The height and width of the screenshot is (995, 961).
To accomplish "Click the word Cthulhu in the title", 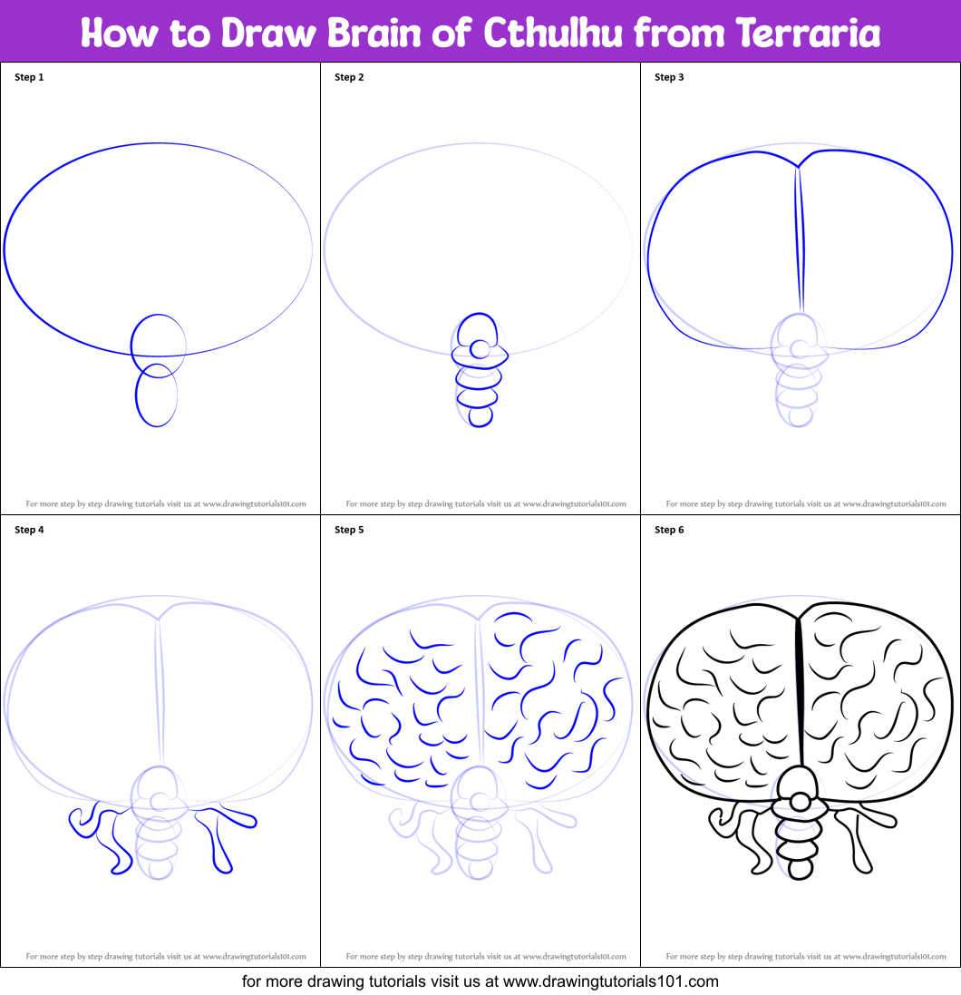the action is (552, 33).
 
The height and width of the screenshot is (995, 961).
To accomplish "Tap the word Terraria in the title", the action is (808, 33).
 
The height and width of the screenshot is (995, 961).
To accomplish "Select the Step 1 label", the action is (29, 77).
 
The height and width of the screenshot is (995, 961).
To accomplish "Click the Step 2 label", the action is (350, 77).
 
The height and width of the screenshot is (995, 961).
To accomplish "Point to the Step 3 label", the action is (669, 77).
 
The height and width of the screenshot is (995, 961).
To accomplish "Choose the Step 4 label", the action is (29, 530).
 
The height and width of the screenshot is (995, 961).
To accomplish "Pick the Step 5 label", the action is (350, 530).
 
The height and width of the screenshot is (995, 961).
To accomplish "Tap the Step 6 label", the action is (669, 530).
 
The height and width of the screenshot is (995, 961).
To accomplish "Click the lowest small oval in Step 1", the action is (136, 395).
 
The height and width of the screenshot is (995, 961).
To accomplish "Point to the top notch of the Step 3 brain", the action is (798, 167).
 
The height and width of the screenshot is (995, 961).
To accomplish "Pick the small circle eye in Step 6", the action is (801, 802).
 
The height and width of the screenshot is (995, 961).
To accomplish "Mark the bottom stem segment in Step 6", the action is (801, 869).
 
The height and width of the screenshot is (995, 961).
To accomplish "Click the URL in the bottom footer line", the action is (611, 981).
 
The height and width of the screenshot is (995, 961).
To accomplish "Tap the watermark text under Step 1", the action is (166, 503).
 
